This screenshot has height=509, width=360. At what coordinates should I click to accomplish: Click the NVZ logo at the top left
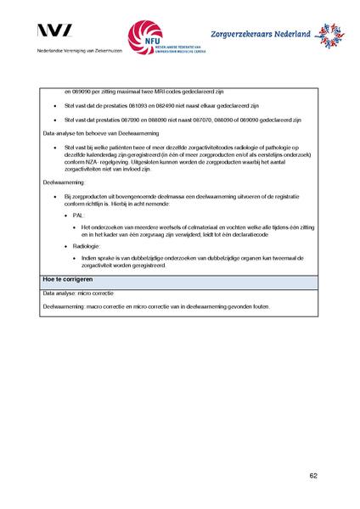pos(55,31)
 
